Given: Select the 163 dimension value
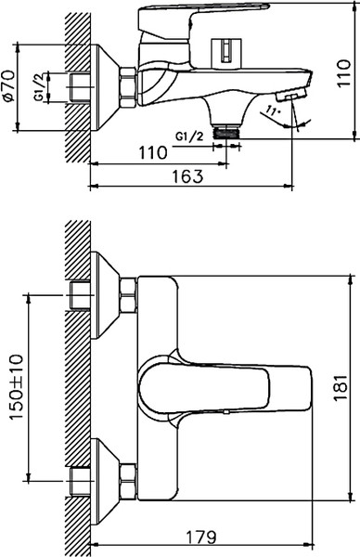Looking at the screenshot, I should tap(188, 177).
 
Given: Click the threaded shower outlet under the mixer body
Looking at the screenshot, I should tap(227, 131).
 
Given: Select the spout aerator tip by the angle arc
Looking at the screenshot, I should tap(292, 97).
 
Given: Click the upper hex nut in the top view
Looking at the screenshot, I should tap(127, 297).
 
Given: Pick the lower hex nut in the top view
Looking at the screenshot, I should tap(127, 483).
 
